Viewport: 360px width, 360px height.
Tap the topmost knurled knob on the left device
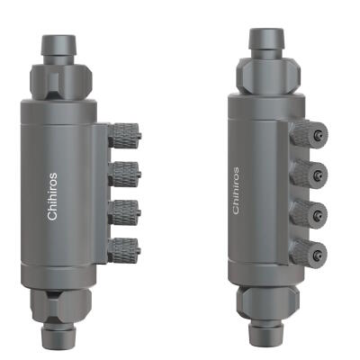click(125, 137)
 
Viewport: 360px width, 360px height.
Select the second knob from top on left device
click(125, 173)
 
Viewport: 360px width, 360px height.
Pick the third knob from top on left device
click(125, 209)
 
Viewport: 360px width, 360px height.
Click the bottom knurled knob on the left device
click(125, 244)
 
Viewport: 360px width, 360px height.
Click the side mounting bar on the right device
click(293, 193)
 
